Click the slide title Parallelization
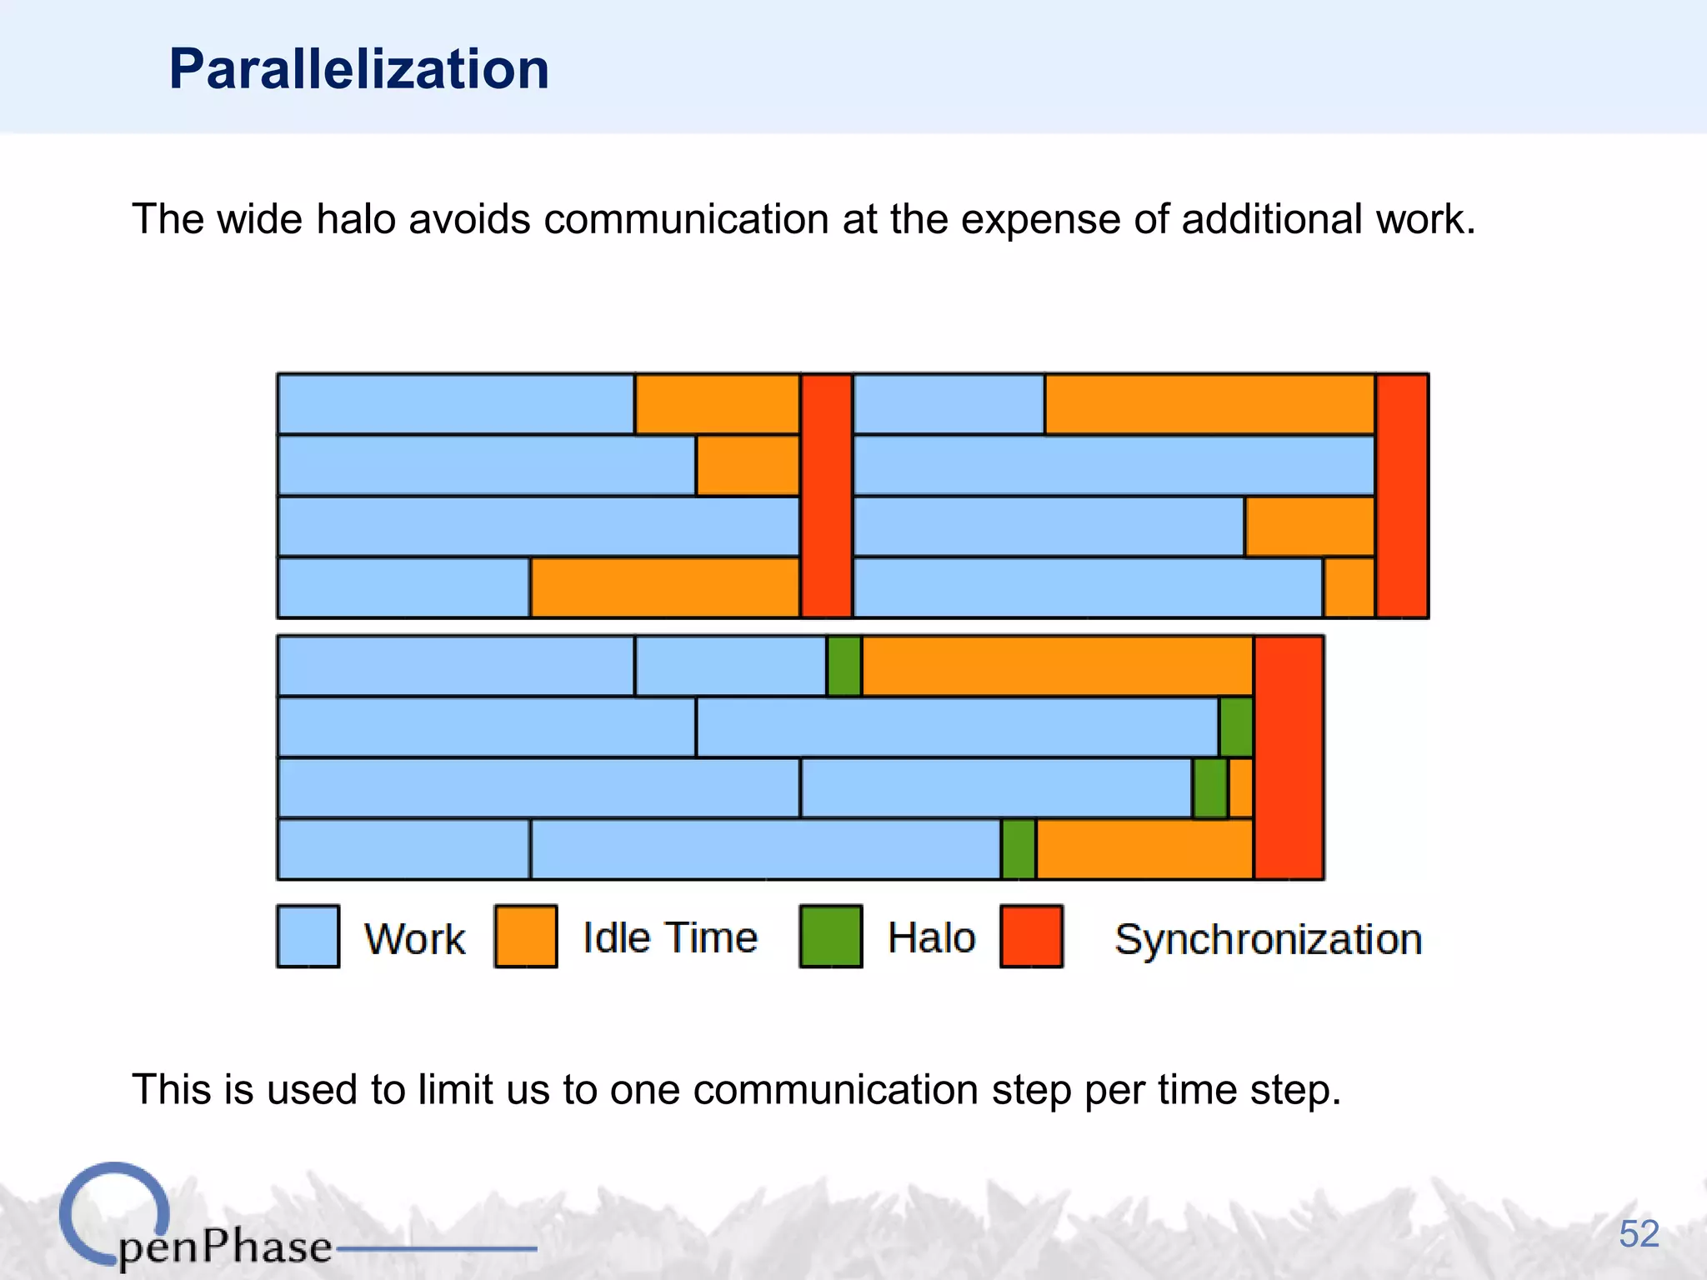tap(358, 68)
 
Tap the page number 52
tap(1639, 1233)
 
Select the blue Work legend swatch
tap(308, 936)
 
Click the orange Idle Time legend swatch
tap(525, 936)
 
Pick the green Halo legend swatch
tap(830, 936)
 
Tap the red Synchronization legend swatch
tap(1031, 936)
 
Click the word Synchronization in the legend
tap(1268, 939)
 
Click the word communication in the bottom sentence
tap(834, 1089)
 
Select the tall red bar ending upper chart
tap(1402, 496)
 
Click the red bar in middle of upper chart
tap(826, 496)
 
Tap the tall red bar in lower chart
tap(1289, 757)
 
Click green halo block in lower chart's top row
tap(843, 666)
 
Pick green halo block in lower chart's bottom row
tap(1018, 849)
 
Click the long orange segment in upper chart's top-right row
tap(1209, 404)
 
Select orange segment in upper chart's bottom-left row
tap(664, 587)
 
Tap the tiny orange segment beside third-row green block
tap(1240, 787)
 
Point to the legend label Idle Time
tap(670, 937)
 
